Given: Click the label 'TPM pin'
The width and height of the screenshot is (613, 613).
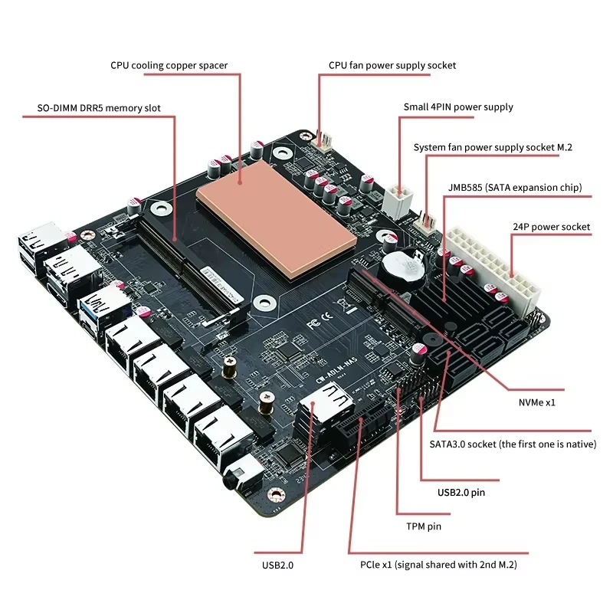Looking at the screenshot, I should click(424, 526).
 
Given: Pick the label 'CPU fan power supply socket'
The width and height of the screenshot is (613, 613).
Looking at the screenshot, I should click(392, 65).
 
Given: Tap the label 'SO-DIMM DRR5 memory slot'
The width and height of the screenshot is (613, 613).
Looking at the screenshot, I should click(99, 108).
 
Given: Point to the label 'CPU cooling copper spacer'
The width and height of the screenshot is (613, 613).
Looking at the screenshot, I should click(169, 65).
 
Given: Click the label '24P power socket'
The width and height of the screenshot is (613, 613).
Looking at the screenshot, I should click(551, 227).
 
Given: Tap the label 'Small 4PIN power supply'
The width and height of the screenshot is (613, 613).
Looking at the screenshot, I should click(458, 107).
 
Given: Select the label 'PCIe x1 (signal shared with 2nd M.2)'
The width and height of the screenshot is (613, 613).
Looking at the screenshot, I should click(438, 565).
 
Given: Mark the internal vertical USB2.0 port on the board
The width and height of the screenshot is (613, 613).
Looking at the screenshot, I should click(322, 414).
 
